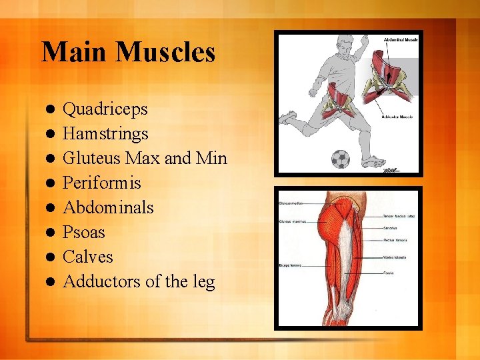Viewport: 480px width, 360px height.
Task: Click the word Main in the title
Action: (71, 52)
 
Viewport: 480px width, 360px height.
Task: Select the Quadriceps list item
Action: (105, 109)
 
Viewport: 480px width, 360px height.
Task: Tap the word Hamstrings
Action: (105, 134)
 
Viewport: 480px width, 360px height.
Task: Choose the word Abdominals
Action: (108, 207)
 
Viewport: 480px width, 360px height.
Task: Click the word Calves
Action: (87, 257)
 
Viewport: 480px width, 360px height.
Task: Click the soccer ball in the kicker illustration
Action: (340, 158)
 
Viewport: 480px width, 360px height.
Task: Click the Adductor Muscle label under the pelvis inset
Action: (397, 117)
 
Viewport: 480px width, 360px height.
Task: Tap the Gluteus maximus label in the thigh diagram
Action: (291, 221)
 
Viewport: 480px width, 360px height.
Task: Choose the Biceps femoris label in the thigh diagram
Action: (290, 265)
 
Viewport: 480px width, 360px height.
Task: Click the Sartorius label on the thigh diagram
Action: (391, 227)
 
